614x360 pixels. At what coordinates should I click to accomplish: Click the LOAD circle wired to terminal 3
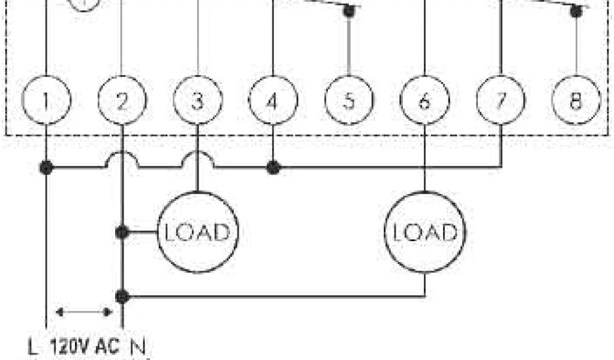click(x=197, y=232)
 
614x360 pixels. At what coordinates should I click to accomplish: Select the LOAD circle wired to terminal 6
click(x=425, y=232)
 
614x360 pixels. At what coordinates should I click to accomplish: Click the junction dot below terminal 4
click(x=273, y=167)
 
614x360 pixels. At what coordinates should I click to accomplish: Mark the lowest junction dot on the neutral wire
click(x=122, y=296)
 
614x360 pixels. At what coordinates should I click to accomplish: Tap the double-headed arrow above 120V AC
click(x=84, y=312)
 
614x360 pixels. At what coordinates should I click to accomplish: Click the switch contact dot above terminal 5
click(x=349, y=11)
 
